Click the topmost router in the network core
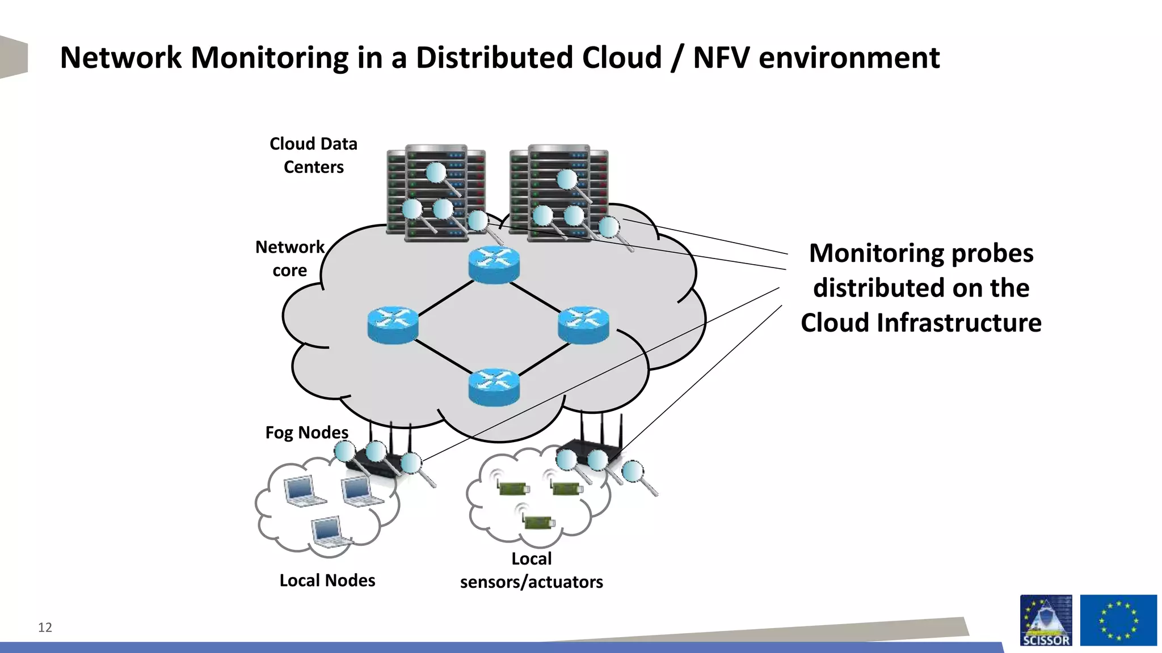coord(494,265)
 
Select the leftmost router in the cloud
coord(393,325)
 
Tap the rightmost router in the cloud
coord(583,325)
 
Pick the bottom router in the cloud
coord(494,387)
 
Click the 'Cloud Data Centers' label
coord(313,155)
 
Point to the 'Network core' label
coord(290,258)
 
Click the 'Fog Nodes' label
coord(306,432)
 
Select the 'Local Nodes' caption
coord(327,580)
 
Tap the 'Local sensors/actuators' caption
coord(531,570)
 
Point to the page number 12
coord(45,627)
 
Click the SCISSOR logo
coord(1046,620)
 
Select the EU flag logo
coord(1118,620)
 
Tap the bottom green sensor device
coord(537,522)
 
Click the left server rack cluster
coord(436,193)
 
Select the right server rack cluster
coord(559,193)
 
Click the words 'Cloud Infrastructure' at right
coord(921,323)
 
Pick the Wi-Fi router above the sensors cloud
coord(593,448)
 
